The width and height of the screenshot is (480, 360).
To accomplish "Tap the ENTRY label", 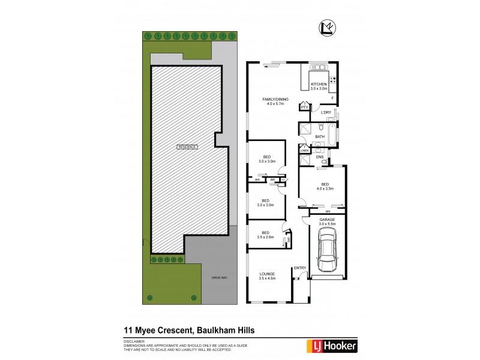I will [x=299, y=268].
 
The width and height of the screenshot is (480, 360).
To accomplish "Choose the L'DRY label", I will [x=326, y=113].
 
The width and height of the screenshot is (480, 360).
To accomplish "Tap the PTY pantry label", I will [x=305, y=108].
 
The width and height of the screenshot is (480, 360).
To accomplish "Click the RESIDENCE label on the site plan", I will [x=187, y=146].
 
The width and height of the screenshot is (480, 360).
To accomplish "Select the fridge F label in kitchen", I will [x=332, y=98].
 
